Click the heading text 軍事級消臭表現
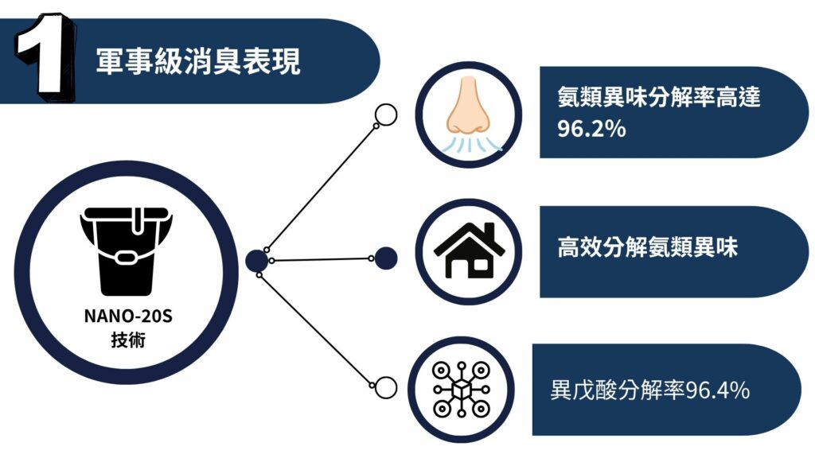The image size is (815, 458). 198,61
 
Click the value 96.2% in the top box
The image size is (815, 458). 591,128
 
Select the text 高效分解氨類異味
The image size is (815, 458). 648,247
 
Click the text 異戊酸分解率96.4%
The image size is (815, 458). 649,390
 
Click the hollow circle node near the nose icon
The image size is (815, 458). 385,115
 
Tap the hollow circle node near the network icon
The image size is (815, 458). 385,388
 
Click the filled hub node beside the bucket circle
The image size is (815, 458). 256,259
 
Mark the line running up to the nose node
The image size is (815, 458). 322,185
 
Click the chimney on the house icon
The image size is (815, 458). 488,231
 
